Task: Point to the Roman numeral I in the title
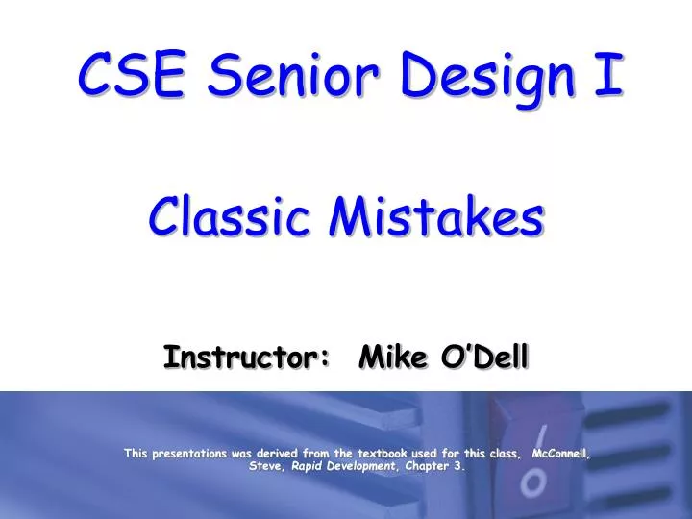click(x=605, y=74)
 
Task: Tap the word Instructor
click(x=242, y=358)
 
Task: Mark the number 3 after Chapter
click(x=463, y=466)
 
